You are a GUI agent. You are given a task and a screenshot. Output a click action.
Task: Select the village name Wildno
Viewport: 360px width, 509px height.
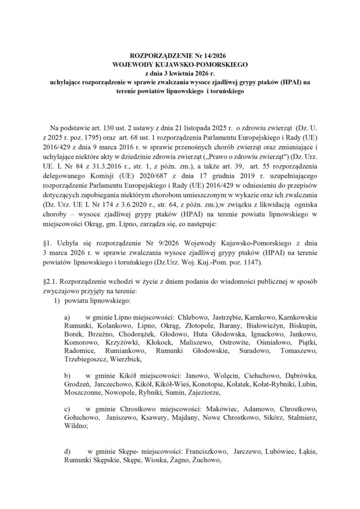[x=75, y=426]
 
